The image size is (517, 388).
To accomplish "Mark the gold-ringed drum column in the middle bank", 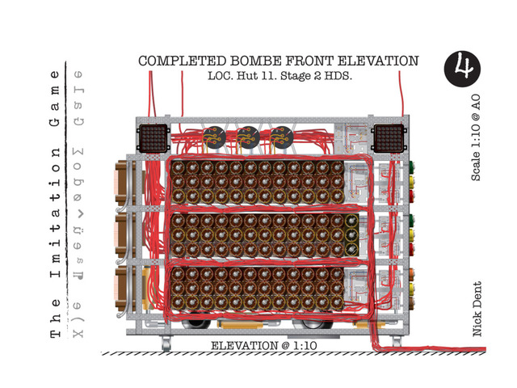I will [x=352, y=234].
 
